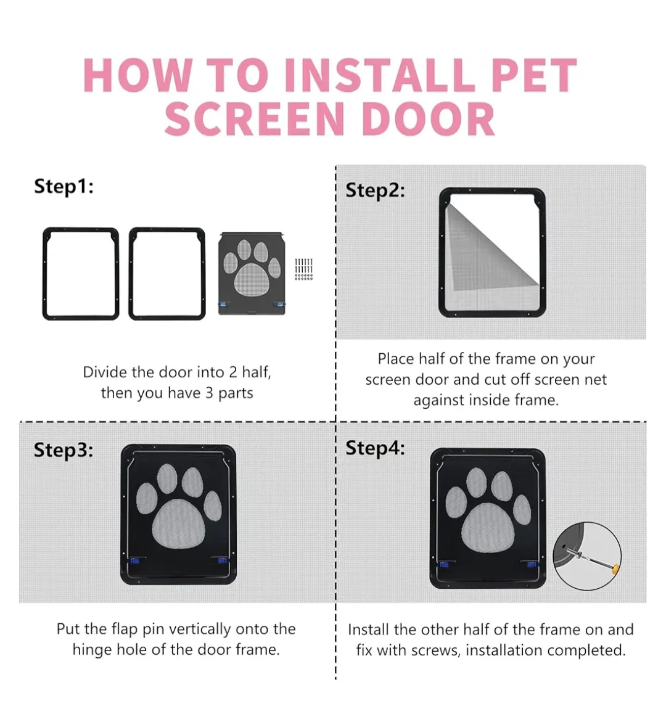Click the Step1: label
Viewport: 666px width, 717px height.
(x=64, y=186)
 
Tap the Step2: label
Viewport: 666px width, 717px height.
(x=375, y=190)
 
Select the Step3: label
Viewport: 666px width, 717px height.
(x=64, y=449)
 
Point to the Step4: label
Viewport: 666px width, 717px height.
(x=375, y=448)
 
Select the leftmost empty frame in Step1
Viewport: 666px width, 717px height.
(x=80, y=274)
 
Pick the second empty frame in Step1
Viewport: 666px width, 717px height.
(x=166, y=274)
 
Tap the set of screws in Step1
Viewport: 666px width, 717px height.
(x=304, y=270)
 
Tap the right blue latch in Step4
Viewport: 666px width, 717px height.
(x=531, y=564)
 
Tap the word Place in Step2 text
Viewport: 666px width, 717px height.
(x=396, y=359)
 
